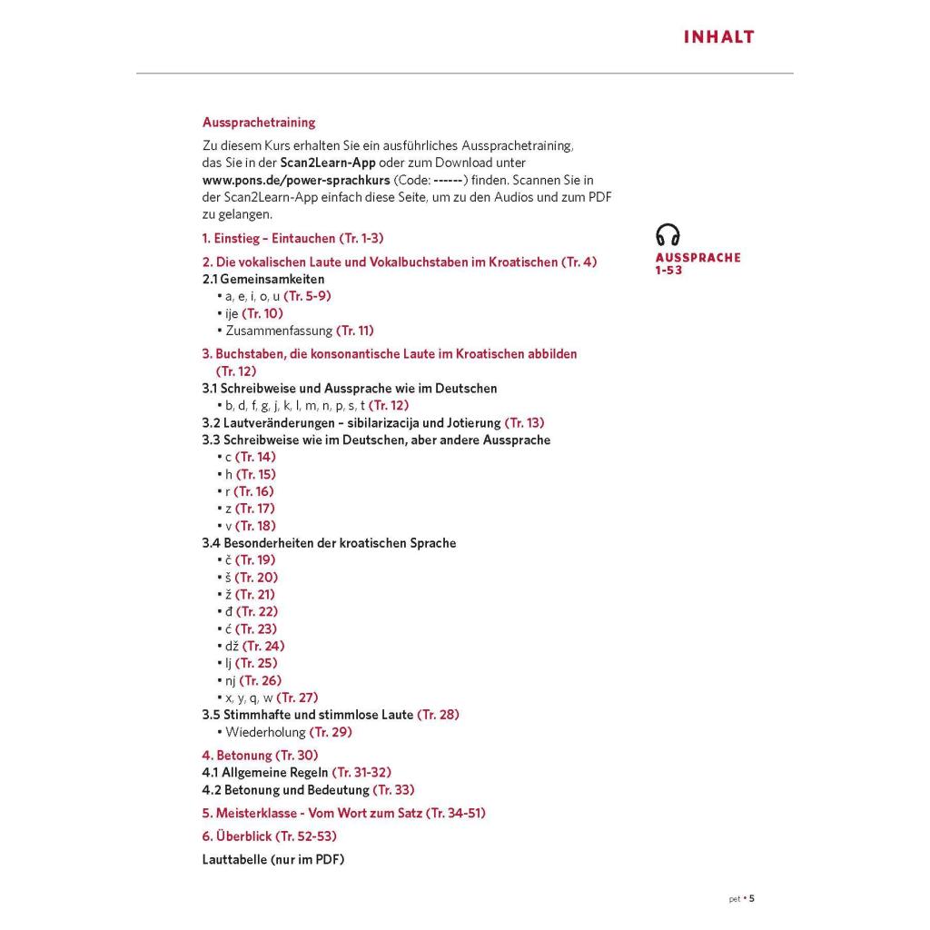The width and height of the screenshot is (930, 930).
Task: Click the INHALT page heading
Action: pos(718,37)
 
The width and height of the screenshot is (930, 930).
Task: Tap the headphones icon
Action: pos(668,235)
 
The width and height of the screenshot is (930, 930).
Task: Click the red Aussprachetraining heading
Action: pos(259,122)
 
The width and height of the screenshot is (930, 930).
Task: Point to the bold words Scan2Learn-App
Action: pos(328,163)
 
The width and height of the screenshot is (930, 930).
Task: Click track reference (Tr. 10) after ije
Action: pos(262,313)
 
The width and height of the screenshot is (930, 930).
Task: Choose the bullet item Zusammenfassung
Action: pos(279,331)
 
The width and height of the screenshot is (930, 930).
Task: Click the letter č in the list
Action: pos(228,560)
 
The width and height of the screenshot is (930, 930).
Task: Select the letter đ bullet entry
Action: pos(228,611)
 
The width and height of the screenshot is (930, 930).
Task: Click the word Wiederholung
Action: pos(265,732)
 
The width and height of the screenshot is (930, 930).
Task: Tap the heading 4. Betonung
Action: pos(237,755)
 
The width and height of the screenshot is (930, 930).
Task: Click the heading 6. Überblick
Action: pos(237,836)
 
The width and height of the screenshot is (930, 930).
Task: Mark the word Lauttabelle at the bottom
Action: pos(234,859)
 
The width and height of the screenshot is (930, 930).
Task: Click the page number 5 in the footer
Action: pos(751,899)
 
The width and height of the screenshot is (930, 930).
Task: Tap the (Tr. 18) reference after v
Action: pos(255,526)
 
